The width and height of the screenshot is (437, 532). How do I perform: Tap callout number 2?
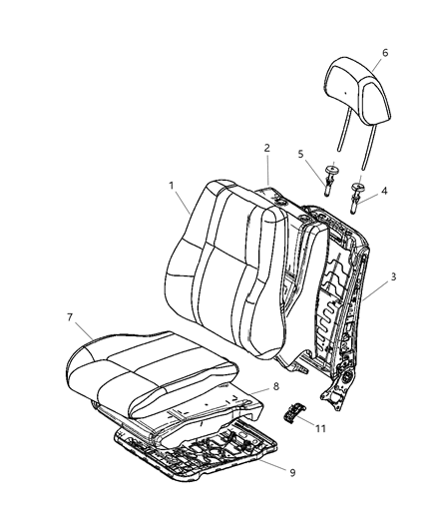[x=266, y=148]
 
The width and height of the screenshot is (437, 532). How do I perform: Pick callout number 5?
[x=300, y=154]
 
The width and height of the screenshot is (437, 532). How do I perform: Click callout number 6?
[x=384, y=53]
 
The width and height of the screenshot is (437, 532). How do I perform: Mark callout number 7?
[x=70, y=316]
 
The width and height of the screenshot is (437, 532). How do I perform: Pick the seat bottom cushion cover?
[x=150, y=369]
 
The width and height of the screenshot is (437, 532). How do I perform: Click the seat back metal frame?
[x=339, y=289]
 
